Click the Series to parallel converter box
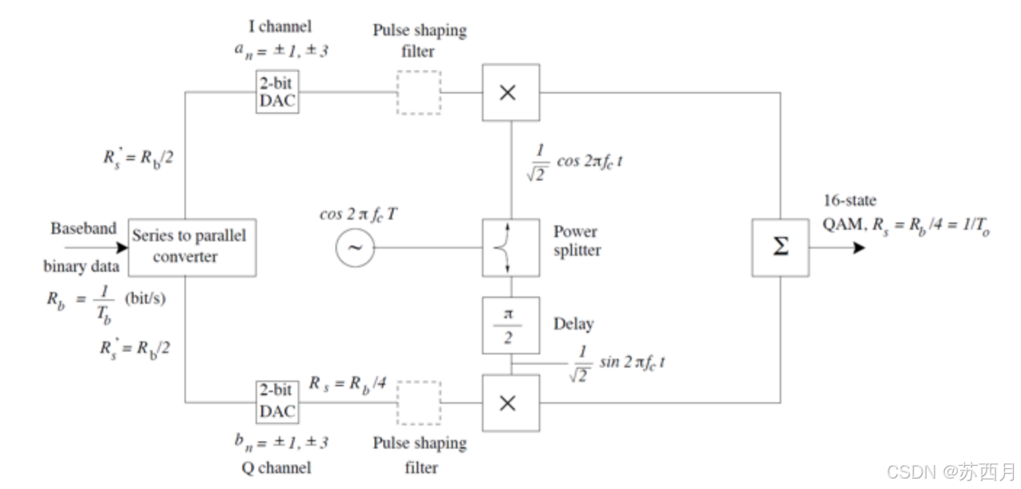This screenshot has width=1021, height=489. pyautogui.click(x=189, y=247)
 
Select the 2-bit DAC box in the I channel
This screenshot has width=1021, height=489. pyautogui.click(x=276, y=93)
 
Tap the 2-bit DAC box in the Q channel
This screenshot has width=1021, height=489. pyautogui.click(x=276, y=403)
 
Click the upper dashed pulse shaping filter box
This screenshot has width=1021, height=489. pyautogui.click(x=419, y=93)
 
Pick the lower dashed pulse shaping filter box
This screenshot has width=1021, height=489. pyautogui.click(x=419, y=403)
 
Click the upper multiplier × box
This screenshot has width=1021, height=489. pyautogui.click(x=510, y=93)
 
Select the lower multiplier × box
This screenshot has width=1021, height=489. pyautogui.click(x=510, y=403)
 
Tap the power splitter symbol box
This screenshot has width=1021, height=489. pyautogui.click(x=510, y=247)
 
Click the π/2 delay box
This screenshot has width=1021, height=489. pyautogui.click(x=510, y=325)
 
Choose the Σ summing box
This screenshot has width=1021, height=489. pyautogui.click(x=779, y=247)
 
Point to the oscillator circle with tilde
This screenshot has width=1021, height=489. pyautogui.click(x=354, y=247)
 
